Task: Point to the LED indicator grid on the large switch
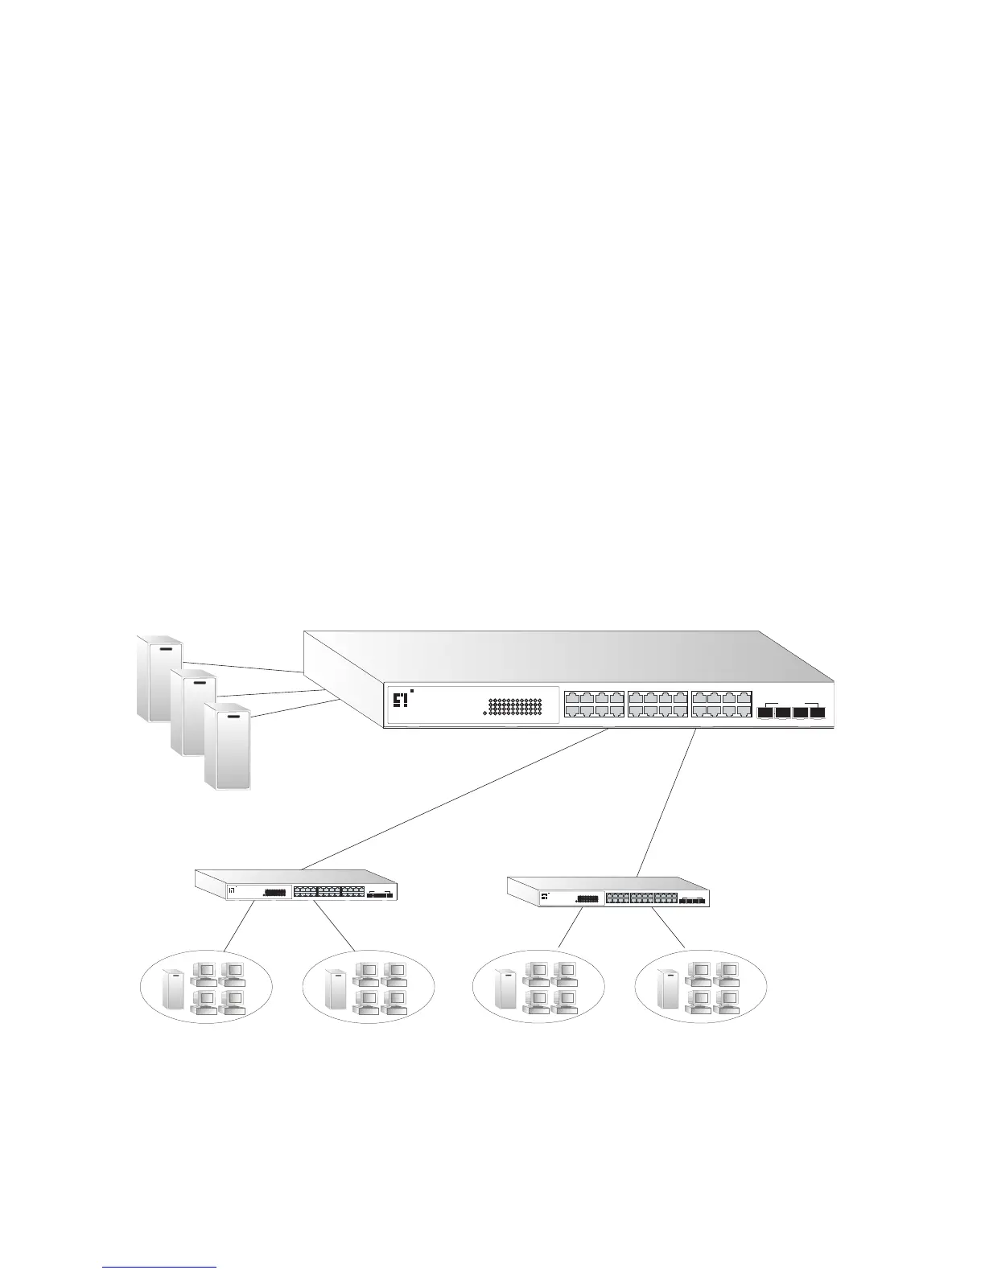515,706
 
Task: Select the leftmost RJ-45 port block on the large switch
594,705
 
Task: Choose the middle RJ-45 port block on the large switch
657,705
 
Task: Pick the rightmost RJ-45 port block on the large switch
721,705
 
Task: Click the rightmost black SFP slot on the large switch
819,712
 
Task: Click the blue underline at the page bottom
160,1267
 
